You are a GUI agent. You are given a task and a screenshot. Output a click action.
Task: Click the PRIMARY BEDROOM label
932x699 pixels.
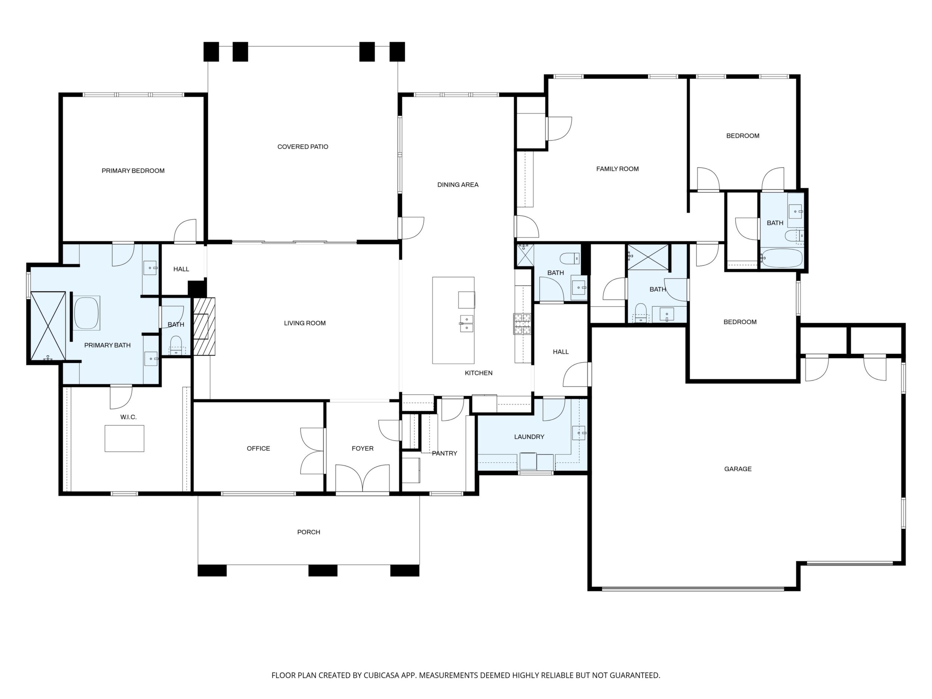click(x=133, y=171)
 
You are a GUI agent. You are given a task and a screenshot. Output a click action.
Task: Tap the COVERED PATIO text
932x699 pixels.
click(x=302, y=147)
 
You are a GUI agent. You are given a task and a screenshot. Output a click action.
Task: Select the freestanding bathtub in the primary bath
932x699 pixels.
click(x=87, y=313)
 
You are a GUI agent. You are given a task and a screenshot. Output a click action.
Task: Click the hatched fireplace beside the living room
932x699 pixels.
click(x=204, y=327)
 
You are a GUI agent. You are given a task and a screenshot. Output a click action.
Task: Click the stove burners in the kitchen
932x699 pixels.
click(x=522, y=324)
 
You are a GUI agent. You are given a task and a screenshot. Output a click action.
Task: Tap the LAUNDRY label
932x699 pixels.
click(x=529, y=437)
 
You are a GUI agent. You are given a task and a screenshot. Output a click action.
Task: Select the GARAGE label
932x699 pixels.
click(x=738, y=469)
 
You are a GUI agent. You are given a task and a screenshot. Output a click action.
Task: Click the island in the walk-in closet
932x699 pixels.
click(x=124, y=439)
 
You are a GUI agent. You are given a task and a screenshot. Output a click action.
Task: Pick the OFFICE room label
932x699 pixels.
click(x=258, y=448)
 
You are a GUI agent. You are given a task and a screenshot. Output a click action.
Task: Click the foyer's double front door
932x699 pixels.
click(x=362, y=478)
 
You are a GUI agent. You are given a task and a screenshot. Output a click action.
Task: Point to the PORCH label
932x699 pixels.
click(x=309, y=532)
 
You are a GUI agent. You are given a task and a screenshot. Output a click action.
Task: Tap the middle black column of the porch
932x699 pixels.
click(x=323, y=571)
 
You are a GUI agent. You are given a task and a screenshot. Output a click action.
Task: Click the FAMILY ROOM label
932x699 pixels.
click(x=617, y=169)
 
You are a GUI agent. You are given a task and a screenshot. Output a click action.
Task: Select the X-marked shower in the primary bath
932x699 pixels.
click(x=48, y=326)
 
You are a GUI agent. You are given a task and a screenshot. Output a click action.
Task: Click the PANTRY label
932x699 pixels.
click(x=444, y=453)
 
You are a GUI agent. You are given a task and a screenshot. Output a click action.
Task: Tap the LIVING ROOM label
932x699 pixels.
click(x=305, y=323)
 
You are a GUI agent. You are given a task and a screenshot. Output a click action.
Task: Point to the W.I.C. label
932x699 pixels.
click(x=128, y=417)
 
